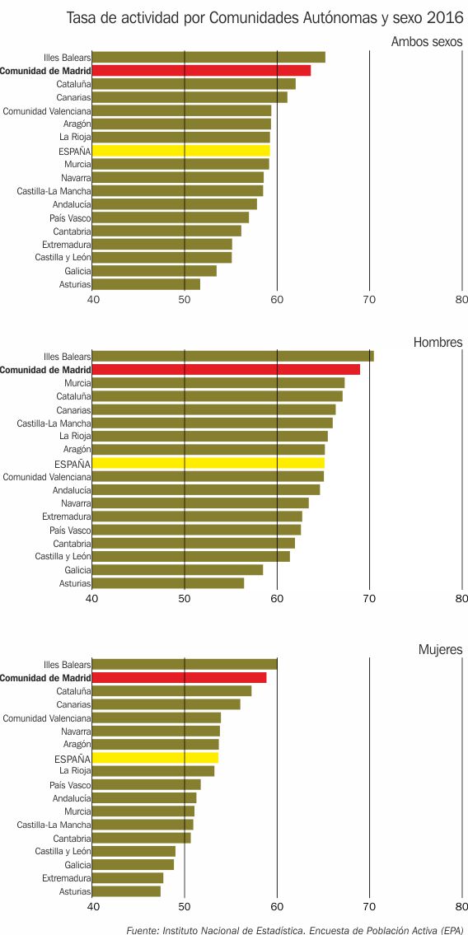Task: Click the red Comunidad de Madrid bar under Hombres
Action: coord(226,370)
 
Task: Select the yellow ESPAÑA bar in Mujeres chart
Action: coord(155,758)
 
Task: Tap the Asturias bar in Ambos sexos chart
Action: coord(146,284)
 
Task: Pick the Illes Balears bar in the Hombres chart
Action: coord(233,356)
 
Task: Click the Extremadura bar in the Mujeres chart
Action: coord(128,878)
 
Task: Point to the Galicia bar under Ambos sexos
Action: coord(154,271)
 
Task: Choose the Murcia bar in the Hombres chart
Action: coord(218,383)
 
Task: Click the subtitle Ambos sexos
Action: coord(427,42)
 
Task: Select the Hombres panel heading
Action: coord(438,342)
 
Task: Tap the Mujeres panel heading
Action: coord(440,649)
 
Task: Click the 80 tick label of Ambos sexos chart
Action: coord(461,299)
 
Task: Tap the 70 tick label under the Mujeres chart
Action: coord(370,906)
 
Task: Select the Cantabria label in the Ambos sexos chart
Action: coord(72,231)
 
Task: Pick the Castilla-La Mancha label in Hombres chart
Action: coord(54,423)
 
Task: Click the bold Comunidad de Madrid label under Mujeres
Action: coord(45,678)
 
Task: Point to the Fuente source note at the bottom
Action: coord(295,929)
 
